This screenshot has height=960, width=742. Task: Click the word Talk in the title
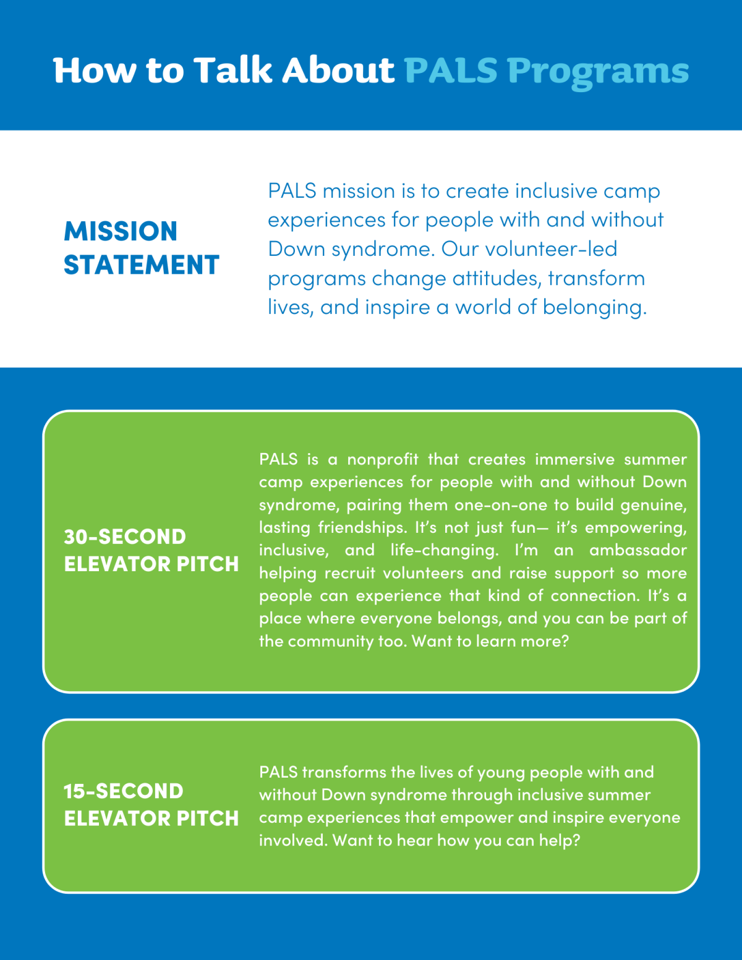tap(232, 70)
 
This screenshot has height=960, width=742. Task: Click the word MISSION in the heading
tap(121, 231)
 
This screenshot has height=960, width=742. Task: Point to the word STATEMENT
tap(142, 265)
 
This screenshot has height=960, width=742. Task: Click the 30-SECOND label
tap(125, 537)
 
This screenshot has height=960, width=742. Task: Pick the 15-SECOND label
tap(124, 791)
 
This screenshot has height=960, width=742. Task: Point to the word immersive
tap(575, 459)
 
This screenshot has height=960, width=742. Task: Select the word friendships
tap(362, 527)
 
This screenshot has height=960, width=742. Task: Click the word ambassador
tap(638, 550)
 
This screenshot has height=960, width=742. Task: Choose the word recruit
tap(349, 573)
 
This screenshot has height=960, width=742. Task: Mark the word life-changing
tap(444, 550)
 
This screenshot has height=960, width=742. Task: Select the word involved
tap(293, 841)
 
